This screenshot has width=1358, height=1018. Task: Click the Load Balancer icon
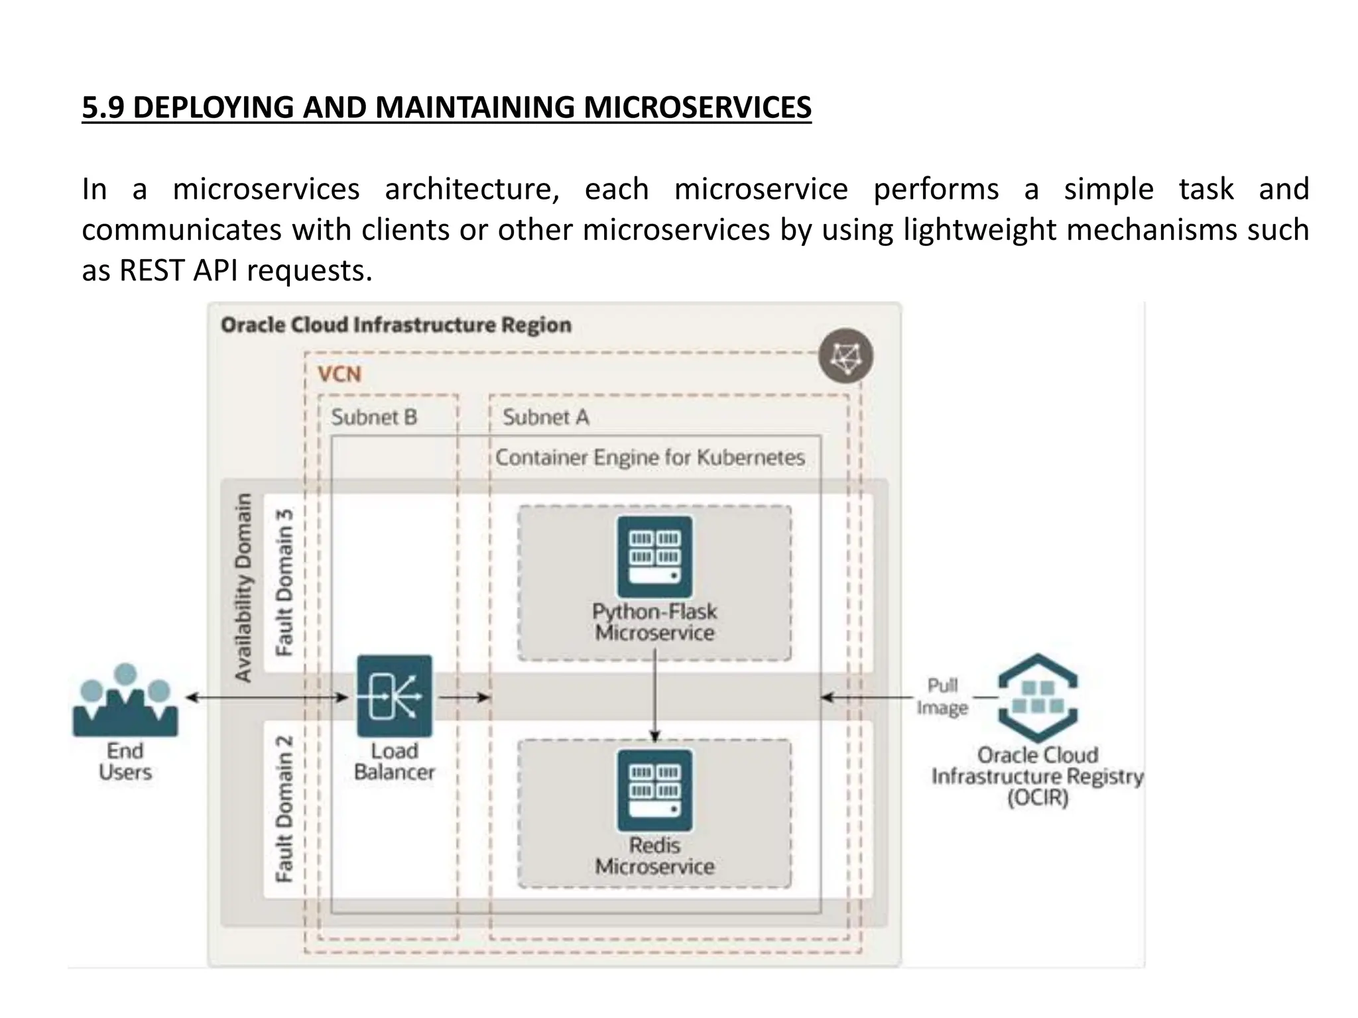[395, 696]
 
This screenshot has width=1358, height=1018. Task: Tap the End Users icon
[125, 703]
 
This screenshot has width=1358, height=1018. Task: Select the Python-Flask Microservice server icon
[654, 557]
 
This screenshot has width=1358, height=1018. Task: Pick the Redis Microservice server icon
[654, 791]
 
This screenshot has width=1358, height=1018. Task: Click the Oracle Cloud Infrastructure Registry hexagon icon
[1038, 698]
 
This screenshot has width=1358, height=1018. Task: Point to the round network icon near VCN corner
[845, 356]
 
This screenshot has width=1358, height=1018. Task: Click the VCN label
[339, 374]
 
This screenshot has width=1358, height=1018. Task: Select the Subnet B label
[374, 418]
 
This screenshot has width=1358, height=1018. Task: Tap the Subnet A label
[545, 418]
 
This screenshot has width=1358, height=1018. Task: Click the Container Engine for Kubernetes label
[650, 457]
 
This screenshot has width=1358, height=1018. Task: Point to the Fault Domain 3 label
[284, 583]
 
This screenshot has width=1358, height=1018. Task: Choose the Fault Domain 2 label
[284, 809]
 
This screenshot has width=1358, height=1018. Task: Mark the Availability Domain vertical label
[244, 587]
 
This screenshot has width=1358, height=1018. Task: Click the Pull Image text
[942, 697]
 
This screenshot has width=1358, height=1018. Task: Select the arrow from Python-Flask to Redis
[655, 696]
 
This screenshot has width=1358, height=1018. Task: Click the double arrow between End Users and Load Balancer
[265, 697]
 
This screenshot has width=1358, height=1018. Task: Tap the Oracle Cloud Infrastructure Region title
[396, 325]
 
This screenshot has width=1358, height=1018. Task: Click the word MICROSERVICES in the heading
[697, 108]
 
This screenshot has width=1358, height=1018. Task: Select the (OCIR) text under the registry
[1038, 797]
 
